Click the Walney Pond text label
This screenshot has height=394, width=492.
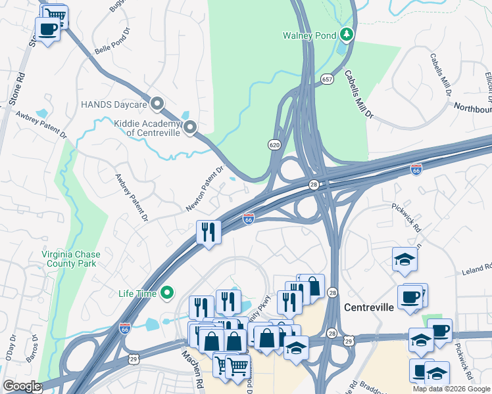309,35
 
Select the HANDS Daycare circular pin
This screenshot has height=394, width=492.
157,104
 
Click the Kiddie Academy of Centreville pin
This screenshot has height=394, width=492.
190,127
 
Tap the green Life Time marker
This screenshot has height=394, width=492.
168,293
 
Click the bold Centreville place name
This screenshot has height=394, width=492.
369,307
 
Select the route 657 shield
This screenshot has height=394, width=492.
327,79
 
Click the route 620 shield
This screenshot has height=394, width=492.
275,144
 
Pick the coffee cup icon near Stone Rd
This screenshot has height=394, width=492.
47,30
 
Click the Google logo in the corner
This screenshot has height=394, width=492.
22,386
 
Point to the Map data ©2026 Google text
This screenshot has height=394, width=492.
451,389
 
